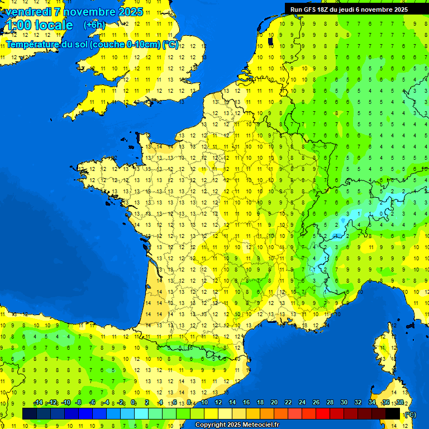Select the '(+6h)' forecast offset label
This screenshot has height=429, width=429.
(x=94, y=25)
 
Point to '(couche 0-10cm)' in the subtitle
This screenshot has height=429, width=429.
(x=125, y=45)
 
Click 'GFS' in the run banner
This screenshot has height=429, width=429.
(x=308, y=9)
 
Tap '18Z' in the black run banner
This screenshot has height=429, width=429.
(x=323, y=9)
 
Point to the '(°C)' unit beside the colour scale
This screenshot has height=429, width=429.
(x=410, y=414)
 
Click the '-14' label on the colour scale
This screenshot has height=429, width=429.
(x=38, y=403)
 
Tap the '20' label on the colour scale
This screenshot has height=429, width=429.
(x=274, y=403)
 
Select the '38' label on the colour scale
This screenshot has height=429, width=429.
(x=399, y=403)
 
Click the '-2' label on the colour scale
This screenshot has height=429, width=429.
(x=120, y=403)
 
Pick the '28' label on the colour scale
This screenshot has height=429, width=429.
(x=330, y=403)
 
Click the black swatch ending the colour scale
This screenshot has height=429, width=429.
(x=393, y=413)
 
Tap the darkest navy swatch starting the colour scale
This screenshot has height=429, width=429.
(x=30, y=413)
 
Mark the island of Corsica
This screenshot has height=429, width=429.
(x=383, y=349)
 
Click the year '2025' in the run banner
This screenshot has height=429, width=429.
(x=399, y=9)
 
